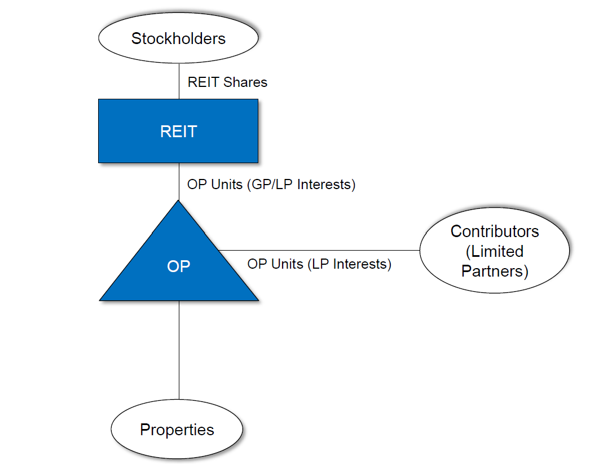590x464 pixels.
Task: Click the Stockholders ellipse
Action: click(x=178, y=38)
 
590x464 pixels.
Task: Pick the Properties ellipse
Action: click(x=177, y=430)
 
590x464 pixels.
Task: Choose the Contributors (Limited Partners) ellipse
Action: click(x=495, y=251)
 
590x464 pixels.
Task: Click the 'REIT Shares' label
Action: click(x=227, y=82)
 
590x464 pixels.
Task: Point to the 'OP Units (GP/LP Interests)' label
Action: click(x=271, y=185)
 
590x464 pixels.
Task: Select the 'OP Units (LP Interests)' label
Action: click(x=319, y=264)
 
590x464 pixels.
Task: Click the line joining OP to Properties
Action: click(x=179, y=350)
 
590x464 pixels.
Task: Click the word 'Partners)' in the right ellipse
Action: click(x=495, y=271)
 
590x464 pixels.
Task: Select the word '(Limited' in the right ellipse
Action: click(x=495, y=251)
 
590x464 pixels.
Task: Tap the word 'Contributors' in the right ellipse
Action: click(x=495, y=231)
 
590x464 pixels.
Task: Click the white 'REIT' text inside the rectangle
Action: click(x=178, y=132)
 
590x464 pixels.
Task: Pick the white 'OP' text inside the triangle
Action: click(x=179, y=266)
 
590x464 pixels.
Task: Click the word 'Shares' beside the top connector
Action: click(x=245, y=82)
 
